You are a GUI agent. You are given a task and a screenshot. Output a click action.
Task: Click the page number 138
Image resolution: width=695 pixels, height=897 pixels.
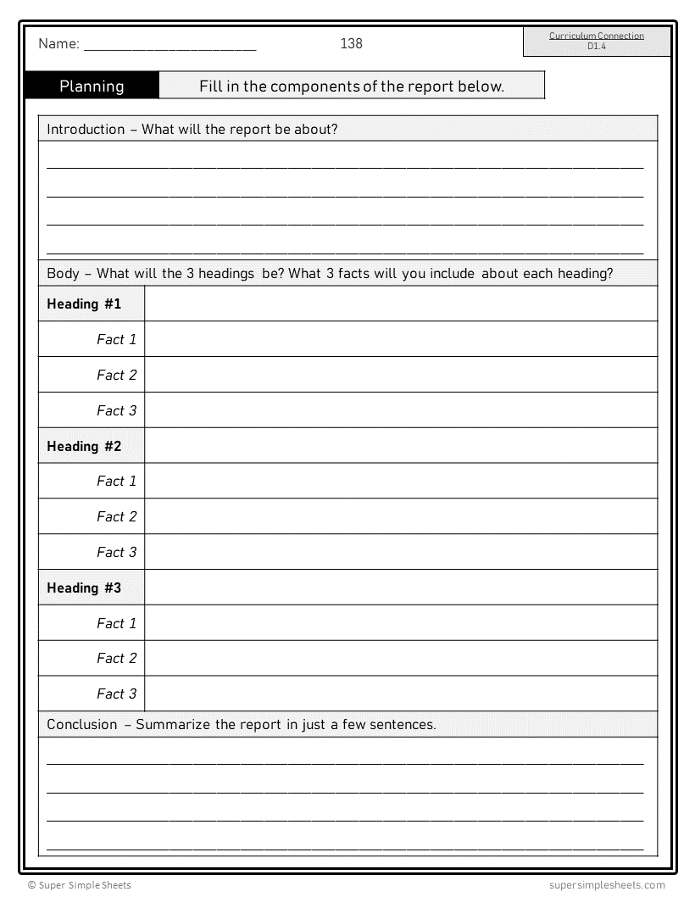[x=351, y=43]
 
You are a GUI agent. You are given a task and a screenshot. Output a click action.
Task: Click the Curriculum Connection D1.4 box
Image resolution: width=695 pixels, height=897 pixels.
[x=596, y=41]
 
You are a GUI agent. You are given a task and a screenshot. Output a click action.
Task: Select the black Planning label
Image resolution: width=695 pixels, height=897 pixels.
[x=92, y=86]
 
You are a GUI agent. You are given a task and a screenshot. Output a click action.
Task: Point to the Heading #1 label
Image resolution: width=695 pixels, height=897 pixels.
[x=84, y=304]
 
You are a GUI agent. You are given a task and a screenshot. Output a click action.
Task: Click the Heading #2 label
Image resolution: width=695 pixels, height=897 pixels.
[x=84, y=446]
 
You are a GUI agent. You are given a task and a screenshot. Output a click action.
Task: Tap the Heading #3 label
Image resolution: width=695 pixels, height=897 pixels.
[x=84, y=588]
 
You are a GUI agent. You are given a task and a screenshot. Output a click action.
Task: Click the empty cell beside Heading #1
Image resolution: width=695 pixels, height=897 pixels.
[x=401, y=304]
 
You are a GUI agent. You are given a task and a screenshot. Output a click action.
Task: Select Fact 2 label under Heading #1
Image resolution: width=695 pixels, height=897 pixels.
[x=116, y=375]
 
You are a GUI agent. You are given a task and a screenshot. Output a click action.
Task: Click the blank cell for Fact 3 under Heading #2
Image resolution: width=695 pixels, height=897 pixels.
[x=401, y=552]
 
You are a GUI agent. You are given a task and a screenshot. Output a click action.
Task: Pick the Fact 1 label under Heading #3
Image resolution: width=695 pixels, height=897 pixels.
[x=116, y=623]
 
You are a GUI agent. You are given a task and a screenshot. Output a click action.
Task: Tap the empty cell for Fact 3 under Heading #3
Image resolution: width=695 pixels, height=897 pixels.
[x=401, y=694]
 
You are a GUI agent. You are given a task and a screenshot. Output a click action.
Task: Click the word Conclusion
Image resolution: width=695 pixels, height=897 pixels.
[x=82, y=724]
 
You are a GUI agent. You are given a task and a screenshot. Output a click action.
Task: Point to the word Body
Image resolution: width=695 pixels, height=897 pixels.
[x=63, y=273]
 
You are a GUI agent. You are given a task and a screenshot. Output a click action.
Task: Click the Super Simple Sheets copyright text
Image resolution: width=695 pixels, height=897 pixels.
[x=79, y=885]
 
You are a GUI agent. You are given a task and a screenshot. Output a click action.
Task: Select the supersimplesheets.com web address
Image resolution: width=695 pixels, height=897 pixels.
[x=601, y=885]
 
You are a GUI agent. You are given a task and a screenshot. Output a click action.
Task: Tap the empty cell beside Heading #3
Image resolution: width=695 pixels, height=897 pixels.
[x=401, y=588]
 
